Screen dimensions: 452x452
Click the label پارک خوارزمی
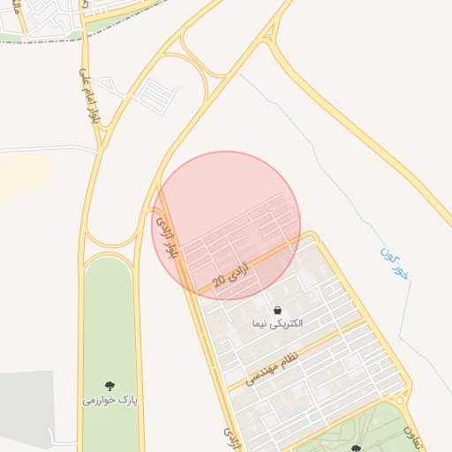(x=111, y=400)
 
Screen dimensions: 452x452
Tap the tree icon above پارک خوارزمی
(x=110, y=386)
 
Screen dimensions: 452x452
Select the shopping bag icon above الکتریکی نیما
(x=278, y=311)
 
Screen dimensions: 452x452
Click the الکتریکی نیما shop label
(x=277, y=324)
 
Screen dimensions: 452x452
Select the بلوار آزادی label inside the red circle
(x=167, y=235)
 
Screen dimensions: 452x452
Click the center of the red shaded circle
(x=227, y=225)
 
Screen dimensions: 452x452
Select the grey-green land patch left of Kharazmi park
(x=35, y=406)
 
